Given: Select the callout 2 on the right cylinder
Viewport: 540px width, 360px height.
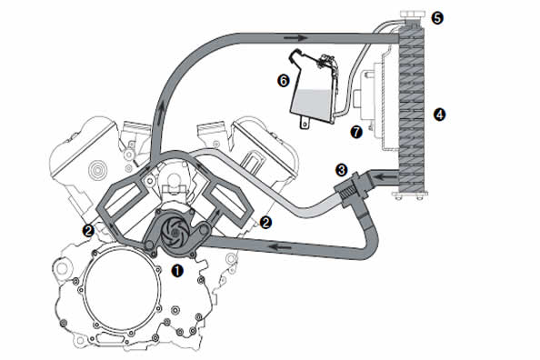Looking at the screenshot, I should [x=265, y=221].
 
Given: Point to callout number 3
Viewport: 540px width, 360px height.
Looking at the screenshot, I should [x=341, y=169].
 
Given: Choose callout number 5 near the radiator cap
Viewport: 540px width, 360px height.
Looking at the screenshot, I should [x=439, y=17].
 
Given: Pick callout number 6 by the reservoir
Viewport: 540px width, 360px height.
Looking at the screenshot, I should [x=284, y=80].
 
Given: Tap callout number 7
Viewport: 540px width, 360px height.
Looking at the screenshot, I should [x=355, y=131].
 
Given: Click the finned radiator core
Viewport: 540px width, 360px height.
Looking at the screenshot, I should [x=415, y=109].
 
